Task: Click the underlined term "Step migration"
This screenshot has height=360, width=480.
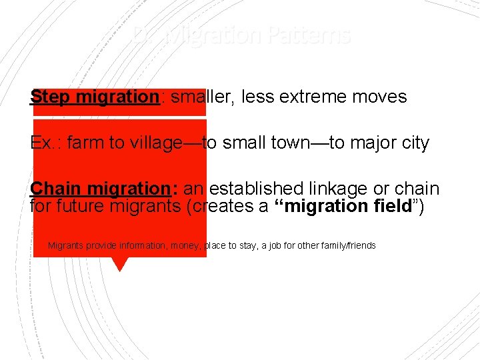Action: click(94, 97)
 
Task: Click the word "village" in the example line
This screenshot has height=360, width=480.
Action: click(153, 143)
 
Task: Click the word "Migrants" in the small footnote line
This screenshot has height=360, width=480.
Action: click(67, 246)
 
